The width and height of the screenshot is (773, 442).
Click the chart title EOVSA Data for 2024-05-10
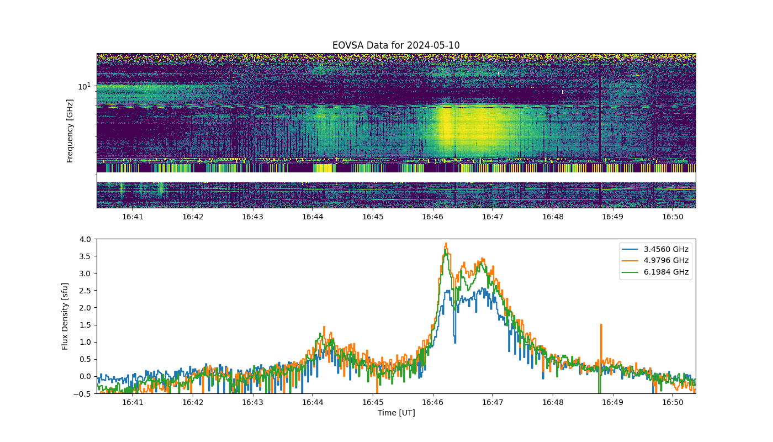pyautogui.click(x=396, y=45)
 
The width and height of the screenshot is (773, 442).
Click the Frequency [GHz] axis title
pyautogui.click(x=70, y=131)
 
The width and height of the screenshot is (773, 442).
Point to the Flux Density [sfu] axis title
pyautogui.click(x=65, y=316)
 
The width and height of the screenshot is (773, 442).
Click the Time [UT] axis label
pyautogui.click(x=396, y=413)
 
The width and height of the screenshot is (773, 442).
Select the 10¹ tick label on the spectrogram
pyautogui.click(x=84, y=86)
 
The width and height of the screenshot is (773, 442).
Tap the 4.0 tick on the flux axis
pyautogui.click(x=85, y=239)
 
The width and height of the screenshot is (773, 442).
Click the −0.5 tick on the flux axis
pyautogui.click(x=82, y=393)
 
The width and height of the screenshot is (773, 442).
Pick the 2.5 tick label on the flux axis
pyautogui.click(x=85, y=291)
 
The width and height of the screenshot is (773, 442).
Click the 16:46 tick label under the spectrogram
pyautogui.click(x=432, y=217)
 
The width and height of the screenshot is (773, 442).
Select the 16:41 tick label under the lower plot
pyautogui.click(x=133, y=402)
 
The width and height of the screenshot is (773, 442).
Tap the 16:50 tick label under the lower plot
pyautogui.click(x=673, y=402)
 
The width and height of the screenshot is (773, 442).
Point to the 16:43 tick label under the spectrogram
pyautogui.click(x=253, y=217)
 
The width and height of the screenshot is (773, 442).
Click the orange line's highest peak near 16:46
pyautogui.click(x=446, y=244)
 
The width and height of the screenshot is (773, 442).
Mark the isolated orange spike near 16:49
pyautogui.click(x=601, y=325)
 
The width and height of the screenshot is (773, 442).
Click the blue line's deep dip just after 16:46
pyautogui.click(x=455, y=342)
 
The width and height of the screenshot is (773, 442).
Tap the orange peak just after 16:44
pyautogui.click(x=324, y=327)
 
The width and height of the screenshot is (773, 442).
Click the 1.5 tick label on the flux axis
pyautogui.click(x=85, y=325)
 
